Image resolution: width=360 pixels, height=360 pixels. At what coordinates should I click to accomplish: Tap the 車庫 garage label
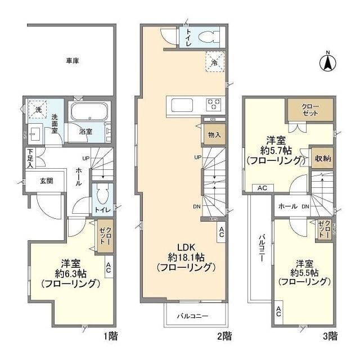coord(71,60)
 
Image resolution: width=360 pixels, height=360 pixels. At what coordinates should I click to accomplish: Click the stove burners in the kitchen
coord(214,104)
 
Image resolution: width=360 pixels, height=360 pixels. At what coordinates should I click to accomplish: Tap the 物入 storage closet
coord(214,135)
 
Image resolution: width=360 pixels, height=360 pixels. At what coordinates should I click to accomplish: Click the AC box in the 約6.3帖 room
coord(108,269)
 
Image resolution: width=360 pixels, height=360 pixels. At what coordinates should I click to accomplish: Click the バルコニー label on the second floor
coord(193,316)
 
